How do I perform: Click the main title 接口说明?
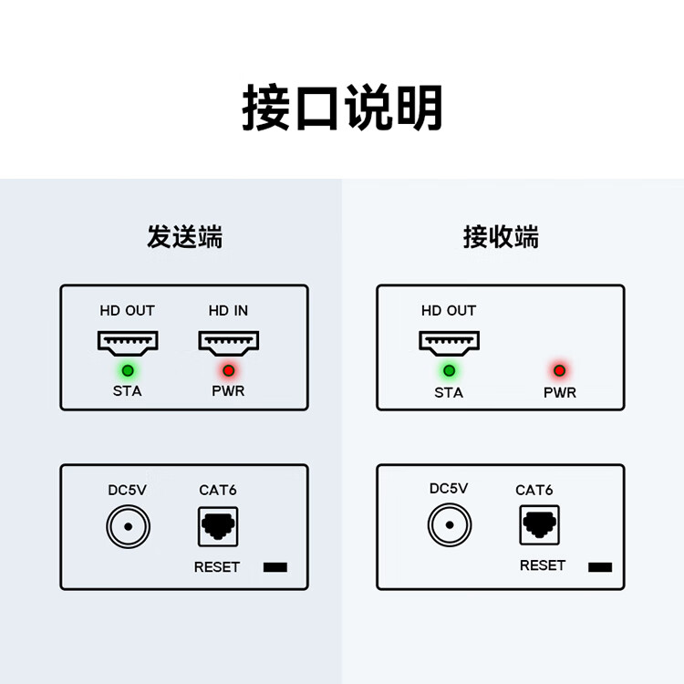[342, 108]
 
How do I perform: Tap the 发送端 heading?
[184, 237]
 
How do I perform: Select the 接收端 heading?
[501, 237]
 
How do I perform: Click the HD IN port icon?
[229, 342]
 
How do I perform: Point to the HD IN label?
[228, 311]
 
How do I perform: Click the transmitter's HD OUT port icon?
[128, 342]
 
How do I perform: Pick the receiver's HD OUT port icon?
[450, 342]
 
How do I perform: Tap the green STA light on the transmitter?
[128, 371]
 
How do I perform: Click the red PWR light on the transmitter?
[229, 371]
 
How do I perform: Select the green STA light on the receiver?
[450, 371]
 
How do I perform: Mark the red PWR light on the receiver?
[560, 371]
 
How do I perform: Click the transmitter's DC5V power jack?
[129, 526]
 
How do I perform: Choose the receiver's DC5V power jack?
[450, 524]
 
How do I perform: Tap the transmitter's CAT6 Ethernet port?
[218, 526]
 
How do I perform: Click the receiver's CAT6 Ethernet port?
[540, 524]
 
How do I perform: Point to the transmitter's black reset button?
[275, 567]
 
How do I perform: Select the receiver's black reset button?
[600, 567]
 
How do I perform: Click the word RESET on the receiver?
[543, 565]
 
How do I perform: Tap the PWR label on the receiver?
[560, 392]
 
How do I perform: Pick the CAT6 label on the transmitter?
[218, 491]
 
